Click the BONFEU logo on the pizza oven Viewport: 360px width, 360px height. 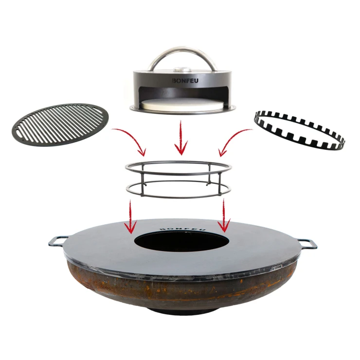(x=185, y=81)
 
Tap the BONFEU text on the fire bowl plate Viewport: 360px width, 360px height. (x=182, y=229)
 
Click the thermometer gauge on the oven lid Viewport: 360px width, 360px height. (x=182, y=69)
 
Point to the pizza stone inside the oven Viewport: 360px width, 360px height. (x=182, y=104)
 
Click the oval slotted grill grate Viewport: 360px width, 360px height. (x=60, y=124)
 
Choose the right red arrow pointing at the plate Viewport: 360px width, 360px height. (x=224, y=216)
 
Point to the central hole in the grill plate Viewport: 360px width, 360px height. (x=181, y=241)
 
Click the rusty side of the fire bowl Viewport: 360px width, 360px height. (x=181, y=290)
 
